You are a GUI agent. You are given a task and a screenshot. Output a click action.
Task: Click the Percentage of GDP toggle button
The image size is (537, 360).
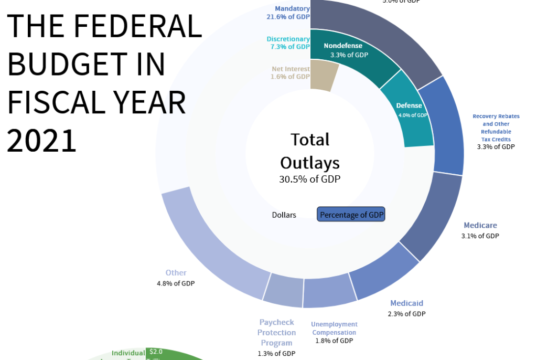click(x=351, y=214)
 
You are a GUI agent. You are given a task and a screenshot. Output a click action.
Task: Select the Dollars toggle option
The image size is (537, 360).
click(x=284, y=215)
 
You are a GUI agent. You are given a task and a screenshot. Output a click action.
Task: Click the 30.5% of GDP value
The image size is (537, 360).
click(x=310, y=179)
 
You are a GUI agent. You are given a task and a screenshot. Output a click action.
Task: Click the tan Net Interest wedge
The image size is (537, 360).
click(x=323, y=75)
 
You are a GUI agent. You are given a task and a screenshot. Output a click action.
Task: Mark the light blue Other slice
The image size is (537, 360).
click(x=215, y=247)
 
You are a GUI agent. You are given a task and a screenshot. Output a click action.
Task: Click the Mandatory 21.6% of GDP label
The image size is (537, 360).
click(x=288, y=13)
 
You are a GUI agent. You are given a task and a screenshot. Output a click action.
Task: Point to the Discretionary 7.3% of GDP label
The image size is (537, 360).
click(x=288, y=43)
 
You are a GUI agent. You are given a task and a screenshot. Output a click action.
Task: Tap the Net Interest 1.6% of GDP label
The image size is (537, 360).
click(x=291, y=73)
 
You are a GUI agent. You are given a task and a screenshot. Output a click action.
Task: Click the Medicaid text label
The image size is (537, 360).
click(x=406, y=303)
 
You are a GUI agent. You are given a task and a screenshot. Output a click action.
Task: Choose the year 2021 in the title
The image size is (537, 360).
click(x=42, y=141)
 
